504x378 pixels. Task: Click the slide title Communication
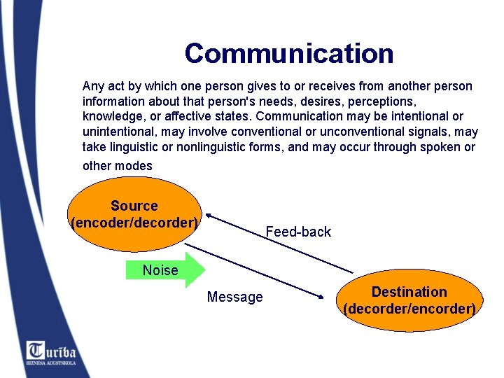click(289, 53)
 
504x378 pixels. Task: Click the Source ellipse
click(134, 213)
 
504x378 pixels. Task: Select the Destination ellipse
click(409, 300)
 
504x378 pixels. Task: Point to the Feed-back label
click(298, 232)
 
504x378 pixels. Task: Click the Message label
click(235, 297)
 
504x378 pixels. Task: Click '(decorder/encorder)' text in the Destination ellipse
click(409, 309)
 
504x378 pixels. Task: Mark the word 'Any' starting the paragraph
click(93, 86)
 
